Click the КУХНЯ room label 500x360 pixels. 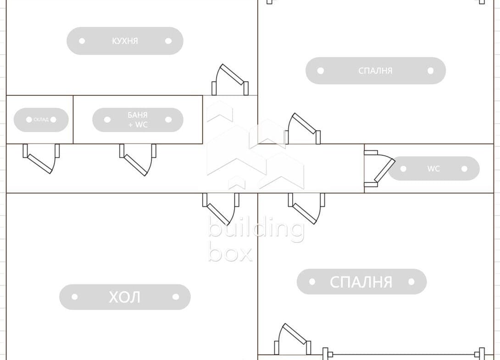click(x=125, y=41)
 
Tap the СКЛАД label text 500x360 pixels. click(x=41, y=120)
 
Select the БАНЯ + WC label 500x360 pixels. click(x=138, y=120)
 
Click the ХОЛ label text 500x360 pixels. click(x=124, y=297)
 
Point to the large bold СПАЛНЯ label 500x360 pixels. click(x=361, y=282)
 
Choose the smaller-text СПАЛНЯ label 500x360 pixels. click(x=375, y=71)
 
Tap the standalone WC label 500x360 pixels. click(x=433, y=169)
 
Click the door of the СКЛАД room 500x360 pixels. click(x=41, y=158)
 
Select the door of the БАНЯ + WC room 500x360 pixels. click(x=137, y=159)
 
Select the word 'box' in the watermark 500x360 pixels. click(x=230, y=253)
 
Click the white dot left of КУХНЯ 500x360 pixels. click(x=82, y=41)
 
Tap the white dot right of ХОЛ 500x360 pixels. click(x=176, y=297)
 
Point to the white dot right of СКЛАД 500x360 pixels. click(x=53, y=120)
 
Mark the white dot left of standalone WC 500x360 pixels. click(x=403, y=169)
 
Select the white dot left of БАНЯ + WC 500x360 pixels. click(x=107, y=120)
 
